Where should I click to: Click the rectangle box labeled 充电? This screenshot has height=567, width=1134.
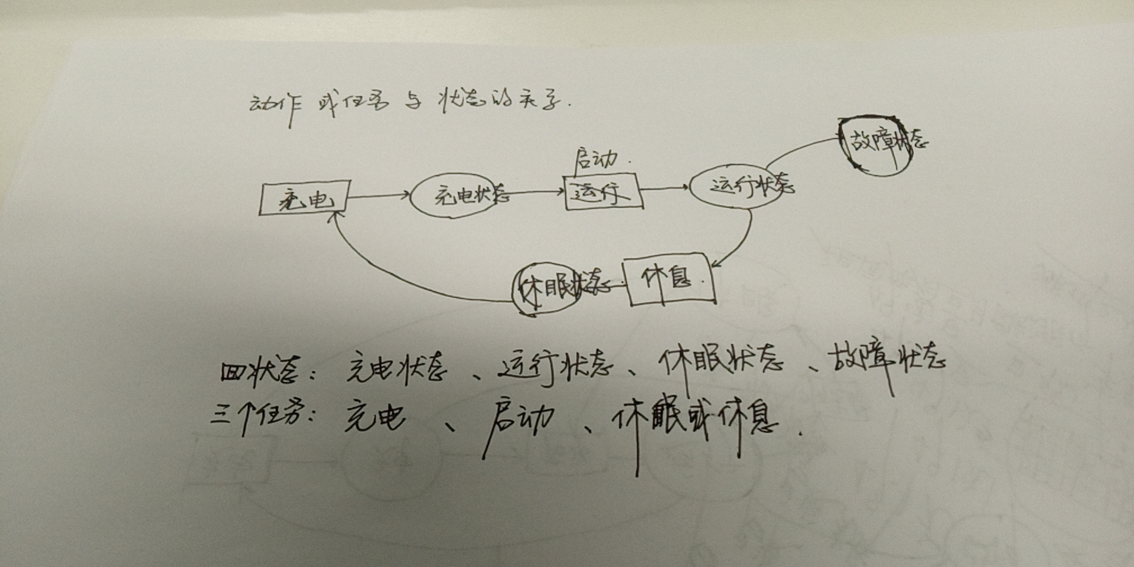(x=305, y=197)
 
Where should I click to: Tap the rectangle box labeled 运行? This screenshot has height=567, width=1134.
(x=602, y=191)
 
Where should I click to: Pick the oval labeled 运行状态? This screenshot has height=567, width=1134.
(x=738, y=186)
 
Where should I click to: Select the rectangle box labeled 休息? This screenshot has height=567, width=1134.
(x=670, y=279)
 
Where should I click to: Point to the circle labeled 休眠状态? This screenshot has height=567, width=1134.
(x=546, y=288)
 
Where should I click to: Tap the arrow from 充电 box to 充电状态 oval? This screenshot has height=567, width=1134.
(x=379, y=195)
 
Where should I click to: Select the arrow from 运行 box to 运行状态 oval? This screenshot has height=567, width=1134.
(x=664, y=188)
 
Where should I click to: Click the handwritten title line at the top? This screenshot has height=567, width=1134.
(x=408, y=105)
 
